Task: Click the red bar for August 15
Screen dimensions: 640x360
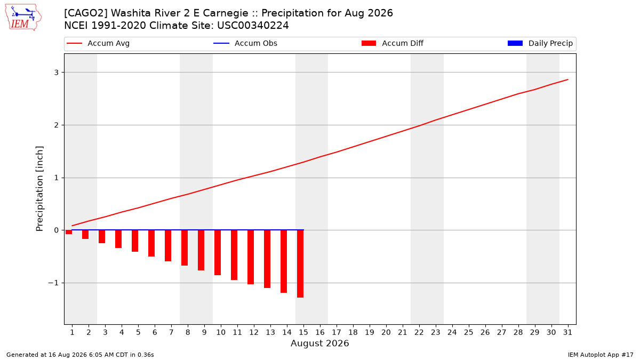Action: (300, 263)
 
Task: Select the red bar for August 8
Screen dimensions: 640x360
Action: (185, 247)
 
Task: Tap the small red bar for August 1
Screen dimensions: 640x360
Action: (69, 232)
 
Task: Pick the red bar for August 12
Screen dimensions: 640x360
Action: (251, 257)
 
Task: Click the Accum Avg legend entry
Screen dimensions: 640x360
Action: (98, 43)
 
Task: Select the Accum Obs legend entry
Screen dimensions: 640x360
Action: (245, 43)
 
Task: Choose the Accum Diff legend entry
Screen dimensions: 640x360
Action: (393, 43)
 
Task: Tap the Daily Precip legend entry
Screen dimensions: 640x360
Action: (540, 43)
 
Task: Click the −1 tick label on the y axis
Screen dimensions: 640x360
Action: (53, 283)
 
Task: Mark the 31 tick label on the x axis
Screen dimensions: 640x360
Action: (567, 332)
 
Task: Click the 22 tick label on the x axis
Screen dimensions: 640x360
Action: (419, 332)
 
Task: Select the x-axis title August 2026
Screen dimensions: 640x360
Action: (319, 343)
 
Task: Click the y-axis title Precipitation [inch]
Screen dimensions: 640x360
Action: (39, 189)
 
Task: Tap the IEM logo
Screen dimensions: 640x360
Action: (23, 18)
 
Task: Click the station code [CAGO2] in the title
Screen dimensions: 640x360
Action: (86, 13)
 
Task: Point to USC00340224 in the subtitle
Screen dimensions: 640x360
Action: (253, 26)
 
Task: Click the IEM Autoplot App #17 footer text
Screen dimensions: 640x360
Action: (601, 355)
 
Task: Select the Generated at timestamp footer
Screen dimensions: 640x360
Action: (80, 355)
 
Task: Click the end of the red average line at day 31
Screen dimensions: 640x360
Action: (567, 79)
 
